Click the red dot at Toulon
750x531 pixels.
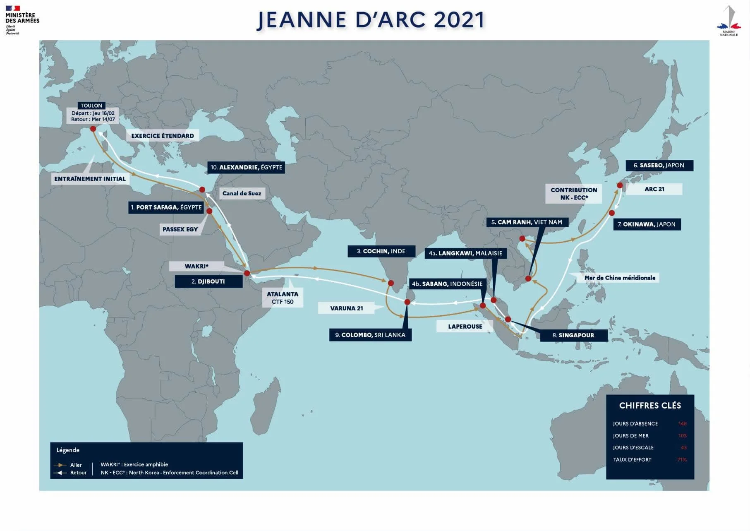[93, 129]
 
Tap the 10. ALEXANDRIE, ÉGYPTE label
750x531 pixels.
[246, 167]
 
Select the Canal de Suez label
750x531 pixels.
[242, 193]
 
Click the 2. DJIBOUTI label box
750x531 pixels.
[208, 281]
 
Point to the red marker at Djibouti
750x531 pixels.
[247, 273]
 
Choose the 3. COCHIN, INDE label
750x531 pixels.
[381, 251]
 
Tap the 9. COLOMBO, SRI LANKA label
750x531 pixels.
[370, 335]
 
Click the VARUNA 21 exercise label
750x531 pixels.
[346, 308]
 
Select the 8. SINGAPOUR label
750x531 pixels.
[573, 335]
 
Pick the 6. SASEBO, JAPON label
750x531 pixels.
[659, 165]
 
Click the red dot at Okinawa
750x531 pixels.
[612, 213]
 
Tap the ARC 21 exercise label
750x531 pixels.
[654, 189]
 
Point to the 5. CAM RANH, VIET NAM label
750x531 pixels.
[527, 222]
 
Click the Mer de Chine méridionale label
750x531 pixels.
[620, 278]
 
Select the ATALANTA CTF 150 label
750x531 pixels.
[283, 298]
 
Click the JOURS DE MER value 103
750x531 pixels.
[682, 435]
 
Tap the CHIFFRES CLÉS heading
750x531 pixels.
[650, 406]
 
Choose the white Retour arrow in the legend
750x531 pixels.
[60, 473]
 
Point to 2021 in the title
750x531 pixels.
[459, 20]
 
